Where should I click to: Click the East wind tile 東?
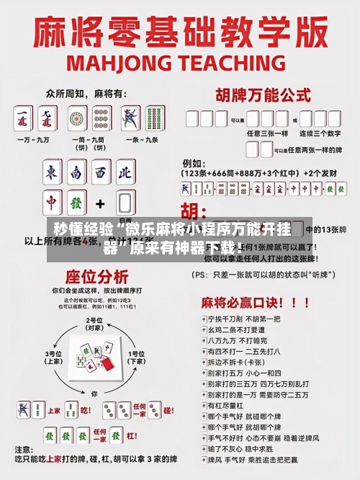pyautogui.click(x=52, y=174)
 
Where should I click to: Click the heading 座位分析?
pyautogui.click(x=97, y=277)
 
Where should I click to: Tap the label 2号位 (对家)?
pyautogui.click(x=94, y=324)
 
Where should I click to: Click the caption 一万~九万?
pyautogui.click(x=37, y=138)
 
